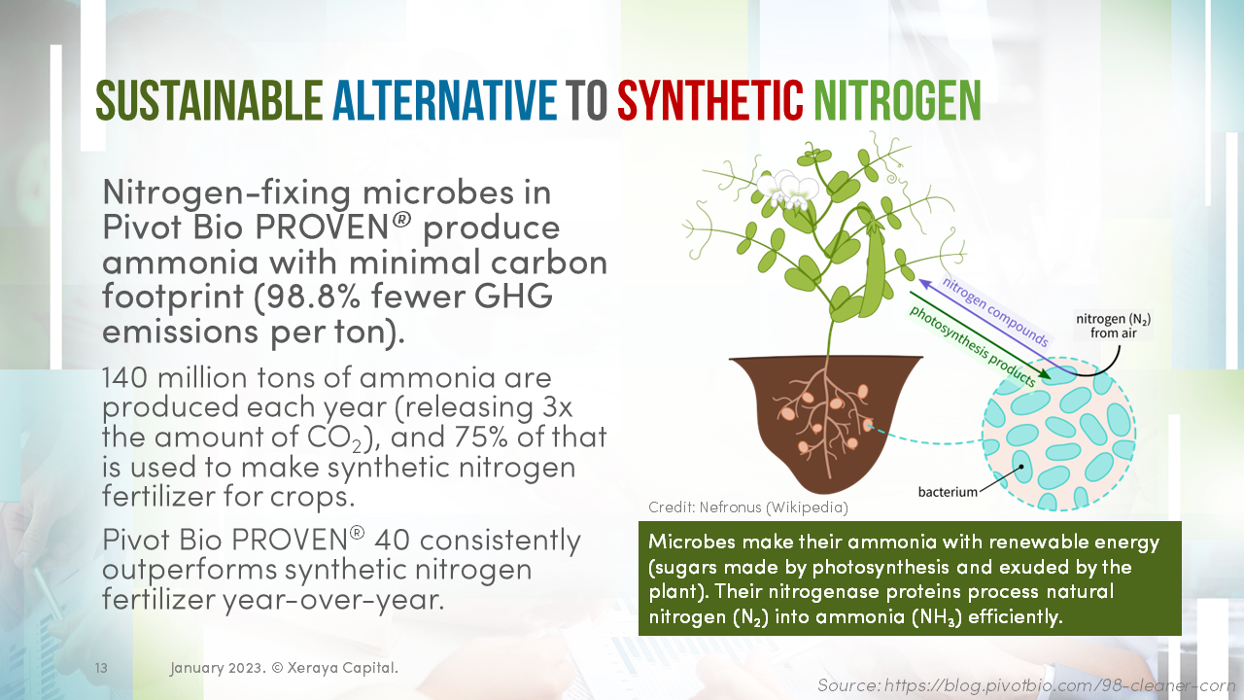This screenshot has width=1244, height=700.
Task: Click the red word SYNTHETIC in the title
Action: point(710,100)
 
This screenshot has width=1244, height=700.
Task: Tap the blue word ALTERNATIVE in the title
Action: point(445,100)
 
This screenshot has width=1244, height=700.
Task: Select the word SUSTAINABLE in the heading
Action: point(209,100)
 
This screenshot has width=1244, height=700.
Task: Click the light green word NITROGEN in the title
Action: point(897,100)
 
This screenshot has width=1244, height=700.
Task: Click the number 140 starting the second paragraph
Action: point(125,378)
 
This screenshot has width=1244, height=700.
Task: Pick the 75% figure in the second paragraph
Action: point(481,437)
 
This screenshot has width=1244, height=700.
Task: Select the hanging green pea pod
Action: point(874,267)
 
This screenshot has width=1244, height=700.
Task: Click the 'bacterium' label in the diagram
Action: point(948,492)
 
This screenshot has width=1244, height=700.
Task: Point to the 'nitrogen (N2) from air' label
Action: point(1113,326)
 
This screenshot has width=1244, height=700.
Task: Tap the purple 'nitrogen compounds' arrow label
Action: point(995,311)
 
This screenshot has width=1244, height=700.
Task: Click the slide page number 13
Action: point(101,667)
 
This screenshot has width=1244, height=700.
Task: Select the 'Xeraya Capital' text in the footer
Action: point(342,667)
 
